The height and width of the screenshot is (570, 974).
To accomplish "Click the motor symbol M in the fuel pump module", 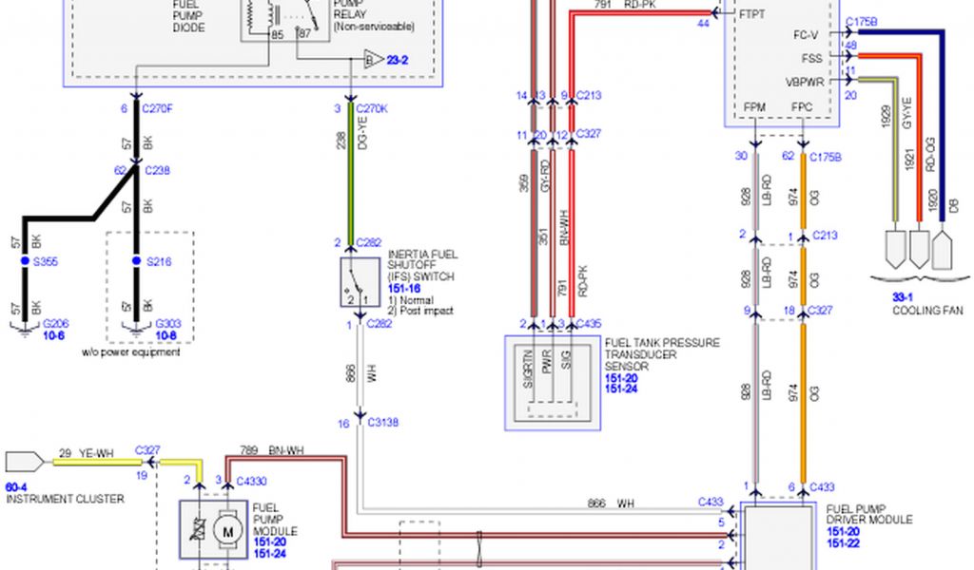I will pyautogui.click(x=227, y=529).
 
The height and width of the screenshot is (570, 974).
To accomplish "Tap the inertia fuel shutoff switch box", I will pyautogui.click(x=354, y=282).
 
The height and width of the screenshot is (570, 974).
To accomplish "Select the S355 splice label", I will pyautogui.click(x=47, y=260).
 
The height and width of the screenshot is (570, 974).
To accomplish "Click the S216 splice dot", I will pyautogui.click(x=136, y=260).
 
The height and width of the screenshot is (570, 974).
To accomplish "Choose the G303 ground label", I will pyautogui.click(x=168, y=324).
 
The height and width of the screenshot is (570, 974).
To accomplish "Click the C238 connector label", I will pyautogui.click(x=157, y=171).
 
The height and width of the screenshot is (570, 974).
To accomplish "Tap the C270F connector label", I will pyautogui.click(x=158, y=108).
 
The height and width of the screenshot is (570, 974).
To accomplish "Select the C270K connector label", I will pyautogui.click(x=373, y=108).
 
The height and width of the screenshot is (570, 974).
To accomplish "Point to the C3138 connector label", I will pyautogui.click(x=383, y=424).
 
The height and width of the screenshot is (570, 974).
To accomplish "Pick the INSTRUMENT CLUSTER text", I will pyautogui.click(x=65, y=499).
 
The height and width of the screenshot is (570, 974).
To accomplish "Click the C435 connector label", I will pyautogui.click(x=589, y=324).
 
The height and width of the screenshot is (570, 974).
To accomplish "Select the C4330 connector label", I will pyautogui.click(x=250, y=481).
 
